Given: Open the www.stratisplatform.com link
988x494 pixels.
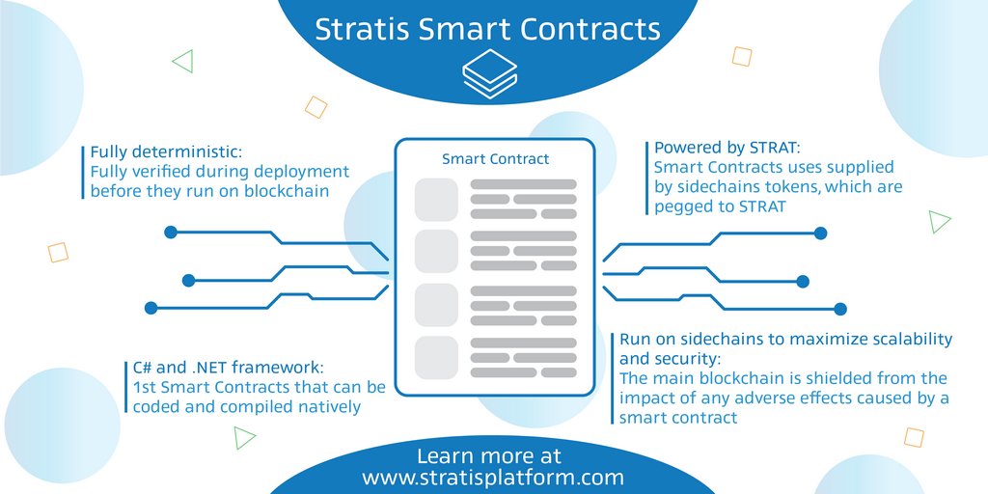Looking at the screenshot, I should [492, 478].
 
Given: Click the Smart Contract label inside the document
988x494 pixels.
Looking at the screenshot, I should [495, 158].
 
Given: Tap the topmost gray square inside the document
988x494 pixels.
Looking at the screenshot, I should [436, 200].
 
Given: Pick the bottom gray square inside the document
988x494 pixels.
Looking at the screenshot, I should [436, 357].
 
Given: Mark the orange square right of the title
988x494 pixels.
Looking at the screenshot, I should [741, 57].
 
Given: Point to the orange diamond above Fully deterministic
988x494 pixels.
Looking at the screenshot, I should [316, 107].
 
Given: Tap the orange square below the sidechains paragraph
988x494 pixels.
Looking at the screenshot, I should [913, 437].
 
